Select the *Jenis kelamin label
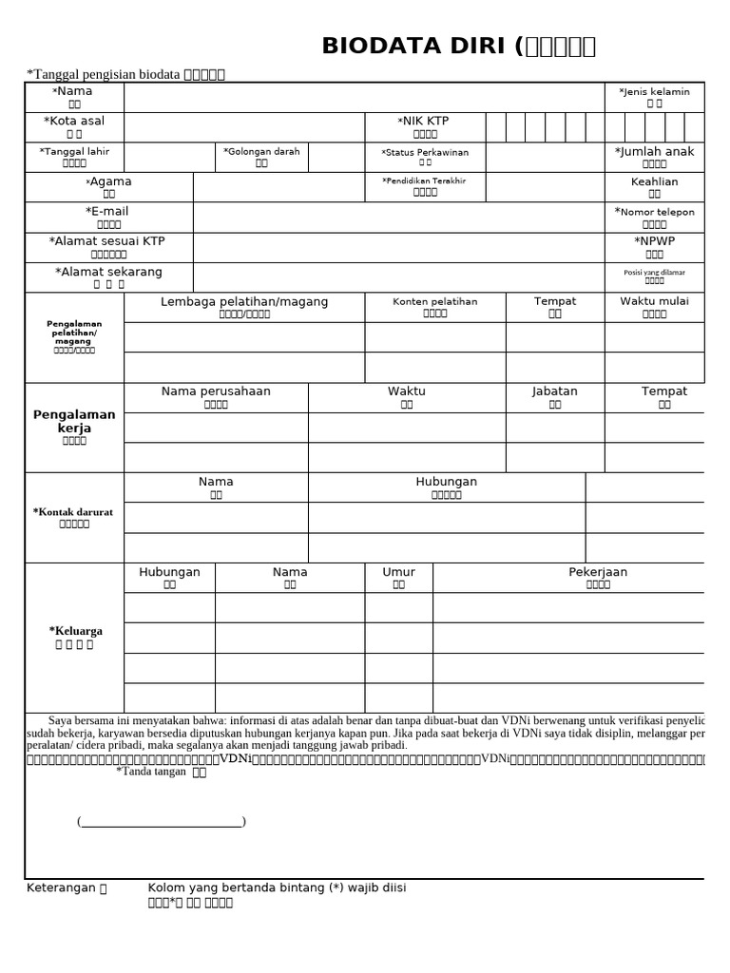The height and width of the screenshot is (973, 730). (654, 92)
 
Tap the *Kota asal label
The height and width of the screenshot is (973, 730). (74, 122)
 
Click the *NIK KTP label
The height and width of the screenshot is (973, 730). (424, 122)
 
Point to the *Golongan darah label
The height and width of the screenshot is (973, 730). (261, 152)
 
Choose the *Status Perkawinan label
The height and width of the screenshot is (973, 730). (425, 153)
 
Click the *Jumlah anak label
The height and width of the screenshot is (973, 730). (654, 152)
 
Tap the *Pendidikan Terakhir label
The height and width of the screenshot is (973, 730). (425, 181)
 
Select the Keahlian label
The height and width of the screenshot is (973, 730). (654, 181)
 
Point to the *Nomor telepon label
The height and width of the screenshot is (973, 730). (654, 212)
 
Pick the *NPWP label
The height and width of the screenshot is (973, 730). (654, 241)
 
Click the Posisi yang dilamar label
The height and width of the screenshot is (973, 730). (654, 272)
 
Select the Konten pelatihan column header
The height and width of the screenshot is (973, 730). (435, 302)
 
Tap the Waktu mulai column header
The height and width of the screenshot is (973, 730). (654, 301)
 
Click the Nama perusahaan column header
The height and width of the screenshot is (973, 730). (216, 391)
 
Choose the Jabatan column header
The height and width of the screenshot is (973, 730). (555, 391)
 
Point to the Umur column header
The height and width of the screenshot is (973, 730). (398, 572)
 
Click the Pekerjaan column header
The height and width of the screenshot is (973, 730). (598, 572)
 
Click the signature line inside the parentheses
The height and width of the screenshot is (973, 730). (162, 822)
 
